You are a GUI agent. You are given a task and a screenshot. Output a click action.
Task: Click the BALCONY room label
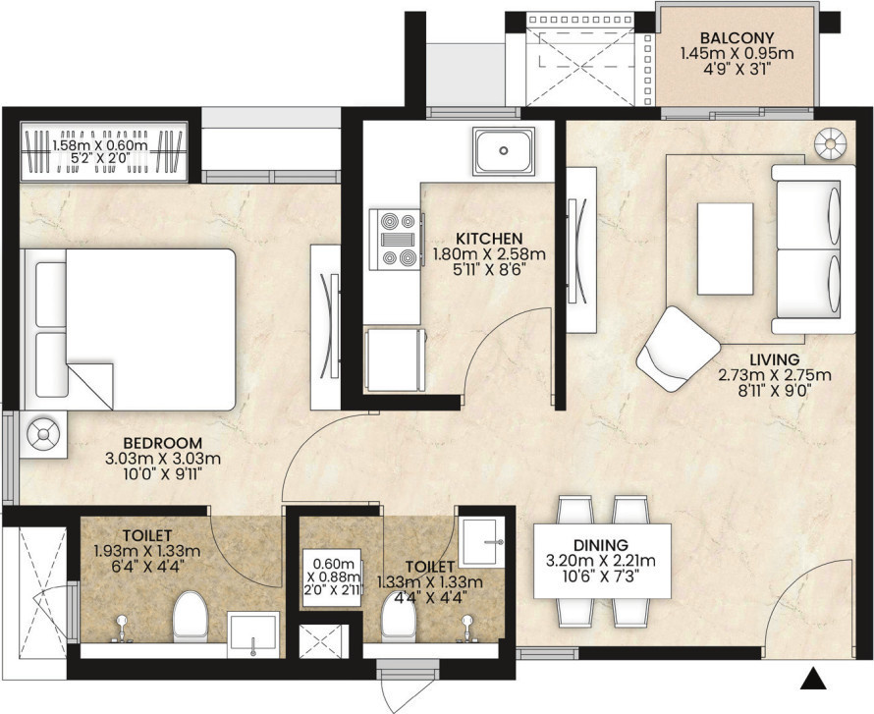pos(737,38)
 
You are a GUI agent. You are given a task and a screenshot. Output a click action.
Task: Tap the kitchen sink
pos(504,150)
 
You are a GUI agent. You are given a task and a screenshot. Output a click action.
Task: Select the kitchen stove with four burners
pos(395,240)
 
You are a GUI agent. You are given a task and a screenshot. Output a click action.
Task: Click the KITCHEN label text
pos(489,239)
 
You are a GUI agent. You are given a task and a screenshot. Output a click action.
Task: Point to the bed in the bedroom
pos(129,329)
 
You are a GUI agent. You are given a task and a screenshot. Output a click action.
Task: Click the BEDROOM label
pos(163,443)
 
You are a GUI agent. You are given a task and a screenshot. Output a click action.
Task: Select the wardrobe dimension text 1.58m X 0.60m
pos(100,146)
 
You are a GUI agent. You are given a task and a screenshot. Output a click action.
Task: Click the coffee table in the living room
pos(725,248)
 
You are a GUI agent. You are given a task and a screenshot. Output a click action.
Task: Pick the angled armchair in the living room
pos(678,349)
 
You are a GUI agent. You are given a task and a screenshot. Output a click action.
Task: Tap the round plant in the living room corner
pos(830,144)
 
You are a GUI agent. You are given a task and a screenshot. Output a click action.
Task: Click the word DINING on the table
pos(601,544)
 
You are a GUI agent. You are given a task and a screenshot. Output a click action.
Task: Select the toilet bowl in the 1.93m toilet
pos(191,617)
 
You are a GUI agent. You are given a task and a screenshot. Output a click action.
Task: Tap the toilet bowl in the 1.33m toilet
pos(399,617)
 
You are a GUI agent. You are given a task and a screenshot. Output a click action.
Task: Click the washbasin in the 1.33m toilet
pos(480,543)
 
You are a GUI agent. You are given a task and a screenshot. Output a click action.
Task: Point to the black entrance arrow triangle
pos(814,679)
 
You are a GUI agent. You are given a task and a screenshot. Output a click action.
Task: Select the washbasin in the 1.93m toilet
pos(252,633)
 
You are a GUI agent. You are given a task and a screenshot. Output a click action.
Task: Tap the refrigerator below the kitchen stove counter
pos(394,360)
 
